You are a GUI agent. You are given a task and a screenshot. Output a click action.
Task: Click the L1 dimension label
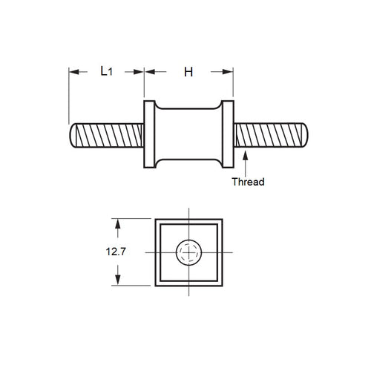[107, 71]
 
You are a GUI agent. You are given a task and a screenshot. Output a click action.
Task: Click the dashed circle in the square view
[188, 253]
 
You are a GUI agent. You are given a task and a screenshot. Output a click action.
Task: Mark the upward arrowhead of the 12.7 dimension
[116, 222]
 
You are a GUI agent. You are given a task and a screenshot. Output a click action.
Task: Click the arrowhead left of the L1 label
[74, 72]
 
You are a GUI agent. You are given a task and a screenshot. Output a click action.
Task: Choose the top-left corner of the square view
[154, 219]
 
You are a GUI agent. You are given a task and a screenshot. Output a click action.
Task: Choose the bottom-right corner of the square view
[223, 287]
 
